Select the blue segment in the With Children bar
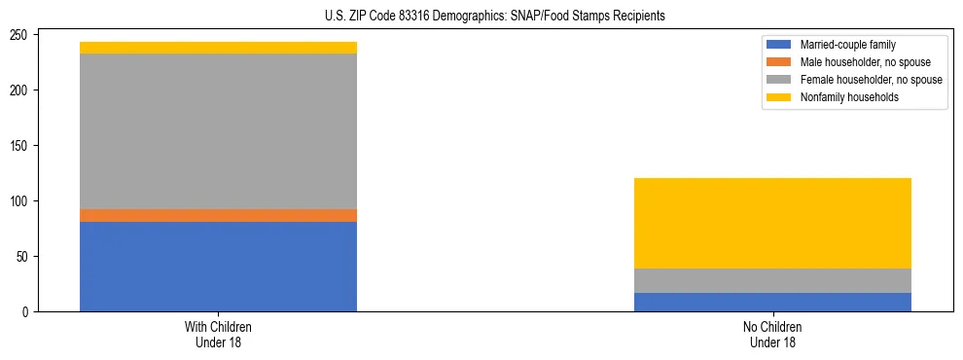[218, 267]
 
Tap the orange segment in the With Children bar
[218, 215]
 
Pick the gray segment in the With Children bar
[218, 131]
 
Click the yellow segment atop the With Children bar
[218, 48]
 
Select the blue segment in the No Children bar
[772, 302]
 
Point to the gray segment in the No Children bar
[772, 280]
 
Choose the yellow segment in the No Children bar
[772, 223]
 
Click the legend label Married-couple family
[848, 45]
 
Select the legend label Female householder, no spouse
[871, 80]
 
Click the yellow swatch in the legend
[779, 97]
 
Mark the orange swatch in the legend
[779, 62]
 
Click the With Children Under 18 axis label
[218, 335]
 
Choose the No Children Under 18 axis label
[772, 335]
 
